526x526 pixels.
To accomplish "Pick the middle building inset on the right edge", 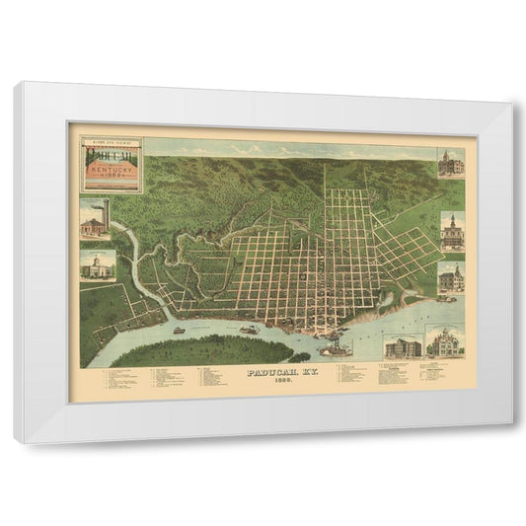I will [449, 229].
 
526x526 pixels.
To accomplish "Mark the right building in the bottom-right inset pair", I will [443, 347].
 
